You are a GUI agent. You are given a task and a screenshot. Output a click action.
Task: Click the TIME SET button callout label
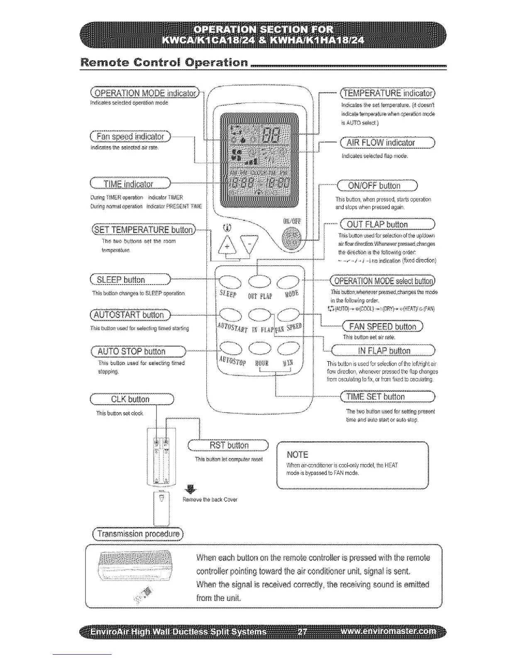click(x=387, y=397)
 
